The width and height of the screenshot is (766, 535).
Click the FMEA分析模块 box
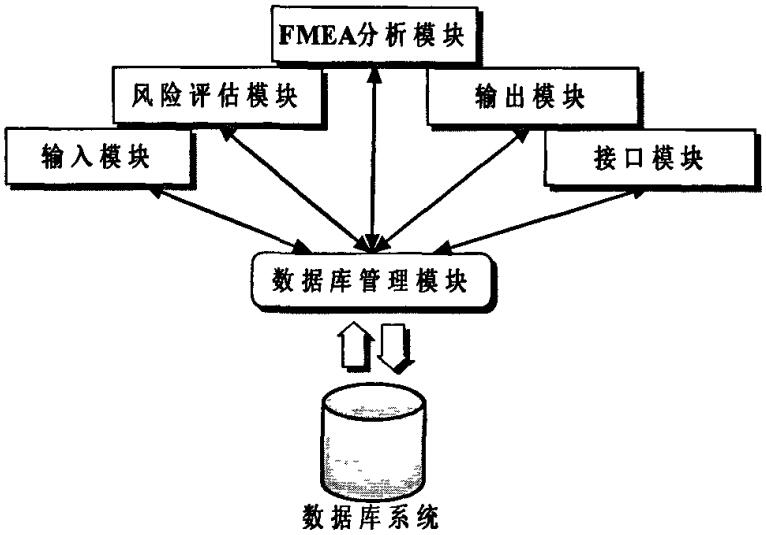(x=372, y=35)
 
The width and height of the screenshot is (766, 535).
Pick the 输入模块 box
(x=96, y=158)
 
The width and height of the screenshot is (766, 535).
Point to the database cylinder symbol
(x=371, y=444)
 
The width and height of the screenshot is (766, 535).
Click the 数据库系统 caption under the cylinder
(x=371, y=518)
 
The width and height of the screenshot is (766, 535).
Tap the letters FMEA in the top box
(x=315, y=35)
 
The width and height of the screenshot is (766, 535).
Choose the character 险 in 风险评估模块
(x=165, y=97)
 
